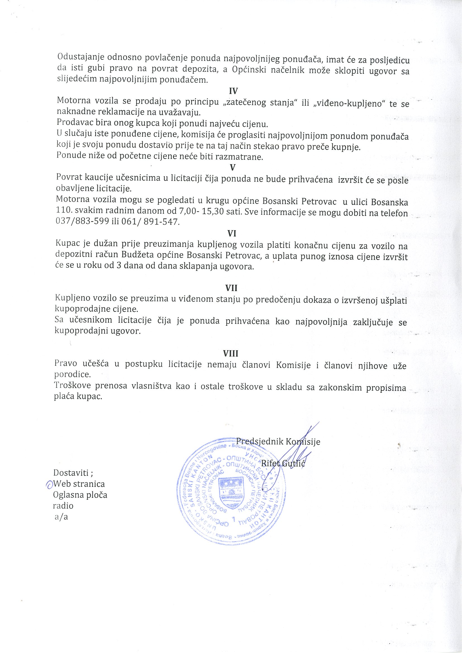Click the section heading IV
(233, 91)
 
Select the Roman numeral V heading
(232, 167)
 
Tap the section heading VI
(232, 233)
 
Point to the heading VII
(231, 288)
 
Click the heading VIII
(231, 353)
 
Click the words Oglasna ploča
(80, 495)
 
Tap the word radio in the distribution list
(63, 506)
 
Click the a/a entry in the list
(61, 517)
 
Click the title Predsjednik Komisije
(278, 441)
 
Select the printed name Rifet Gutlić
(283, 463)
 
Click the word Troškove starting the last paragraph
(73, 386)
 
